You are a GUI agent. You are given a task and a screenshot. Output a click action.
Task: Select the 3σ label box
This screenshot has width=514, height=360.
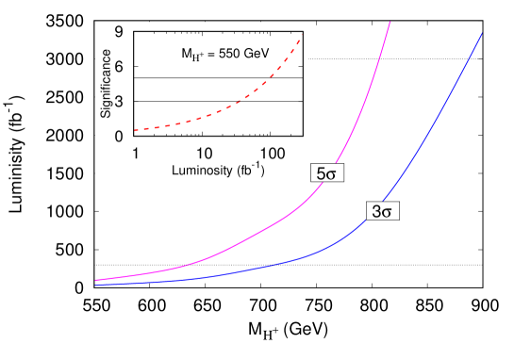coord(382,212)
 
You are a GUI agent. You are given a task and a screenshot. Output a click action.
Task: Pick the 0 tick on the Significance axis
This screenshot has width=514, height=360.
coord(120,136)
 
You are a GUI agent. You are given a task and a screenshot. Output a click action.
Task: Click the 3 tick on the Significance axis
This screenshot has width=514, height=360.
coord(120,101)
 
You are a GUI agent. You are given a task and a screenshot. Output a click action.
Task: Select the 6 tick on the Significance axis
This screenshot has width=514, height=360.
coord(120,66)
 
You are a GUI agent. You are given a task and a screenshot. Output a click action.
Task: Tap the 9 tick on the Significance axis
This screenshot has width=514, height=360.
coord(120,31)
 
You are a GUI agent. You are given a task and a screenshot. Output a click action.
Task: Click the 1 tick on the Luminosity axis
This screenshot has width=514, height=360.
coord(136,153)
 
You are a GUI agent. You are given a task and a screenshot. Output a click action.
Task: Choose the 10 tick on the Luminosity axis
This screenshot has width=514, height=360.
coord(203,153)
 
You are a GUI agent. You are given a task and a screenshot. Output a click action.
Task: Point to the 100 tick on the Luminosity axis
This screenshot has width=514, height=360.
coord(271,153)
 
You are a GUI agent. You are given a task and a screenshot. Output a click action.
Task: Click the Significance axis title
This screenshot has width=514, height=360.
coord(105,84)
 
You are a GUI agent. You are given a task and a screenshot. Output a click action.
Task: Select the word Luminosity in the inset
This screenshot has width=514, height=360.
coord(202,171)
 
